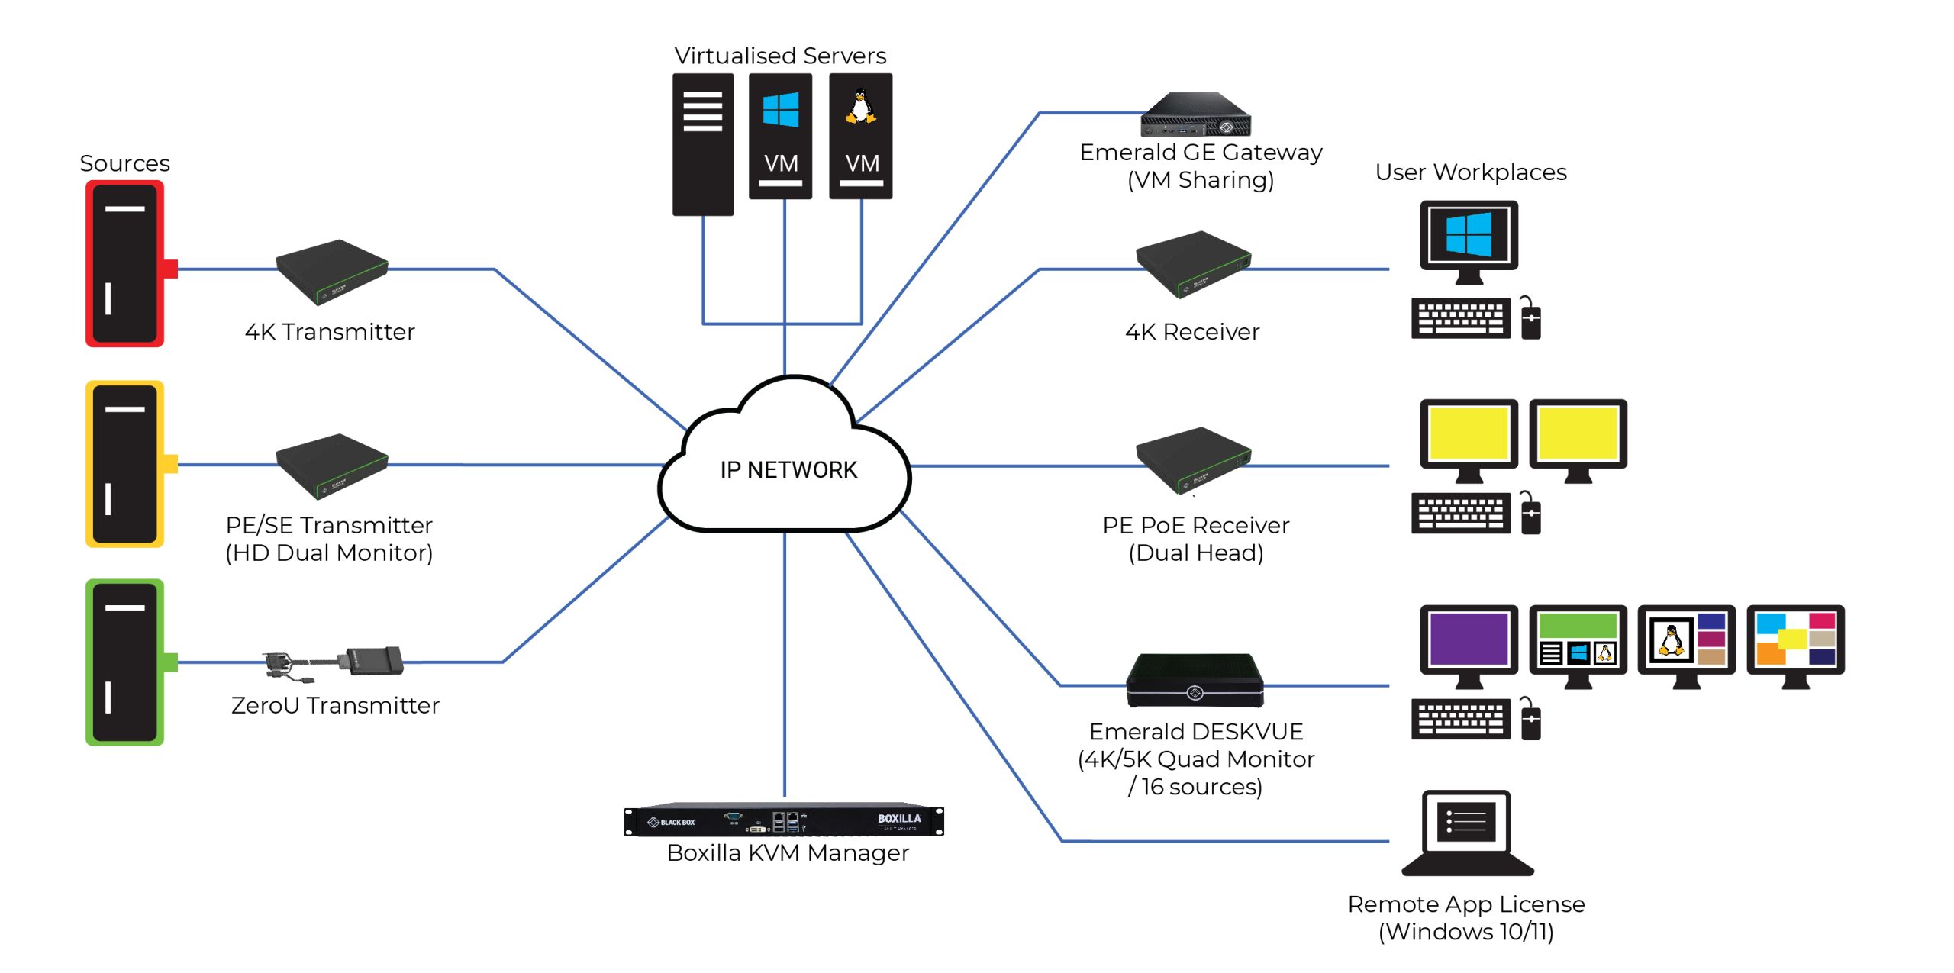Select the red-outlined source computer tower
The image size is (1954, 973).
[124, 263]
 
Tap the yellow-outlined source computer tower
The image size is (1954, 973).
[124, 464]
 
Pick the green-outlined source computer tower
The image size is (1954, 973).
[124, 662]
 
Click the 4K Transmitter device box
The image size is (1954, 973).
[332, 271]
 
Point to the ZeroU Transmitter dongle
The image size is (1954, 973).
[336, 662]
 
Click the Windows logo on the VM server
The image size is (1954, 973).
[781, 111]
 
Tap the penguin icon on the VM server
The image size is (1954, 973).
[861, 107]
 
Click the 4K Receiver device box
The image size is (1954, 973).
[1192, 264]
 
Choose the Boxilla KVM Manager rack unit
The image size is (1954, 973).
[784, 820]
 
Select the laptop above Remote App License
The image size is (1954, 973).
[1467, 832]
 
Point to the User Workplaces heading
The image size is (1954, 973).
[1470, 172]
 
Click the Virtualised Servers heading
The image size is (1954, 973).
[780, 56]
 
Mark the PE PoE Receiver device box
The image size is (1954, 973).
[1192, 459]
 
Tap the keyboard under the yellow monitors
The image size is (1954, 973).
[1460, 513]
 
